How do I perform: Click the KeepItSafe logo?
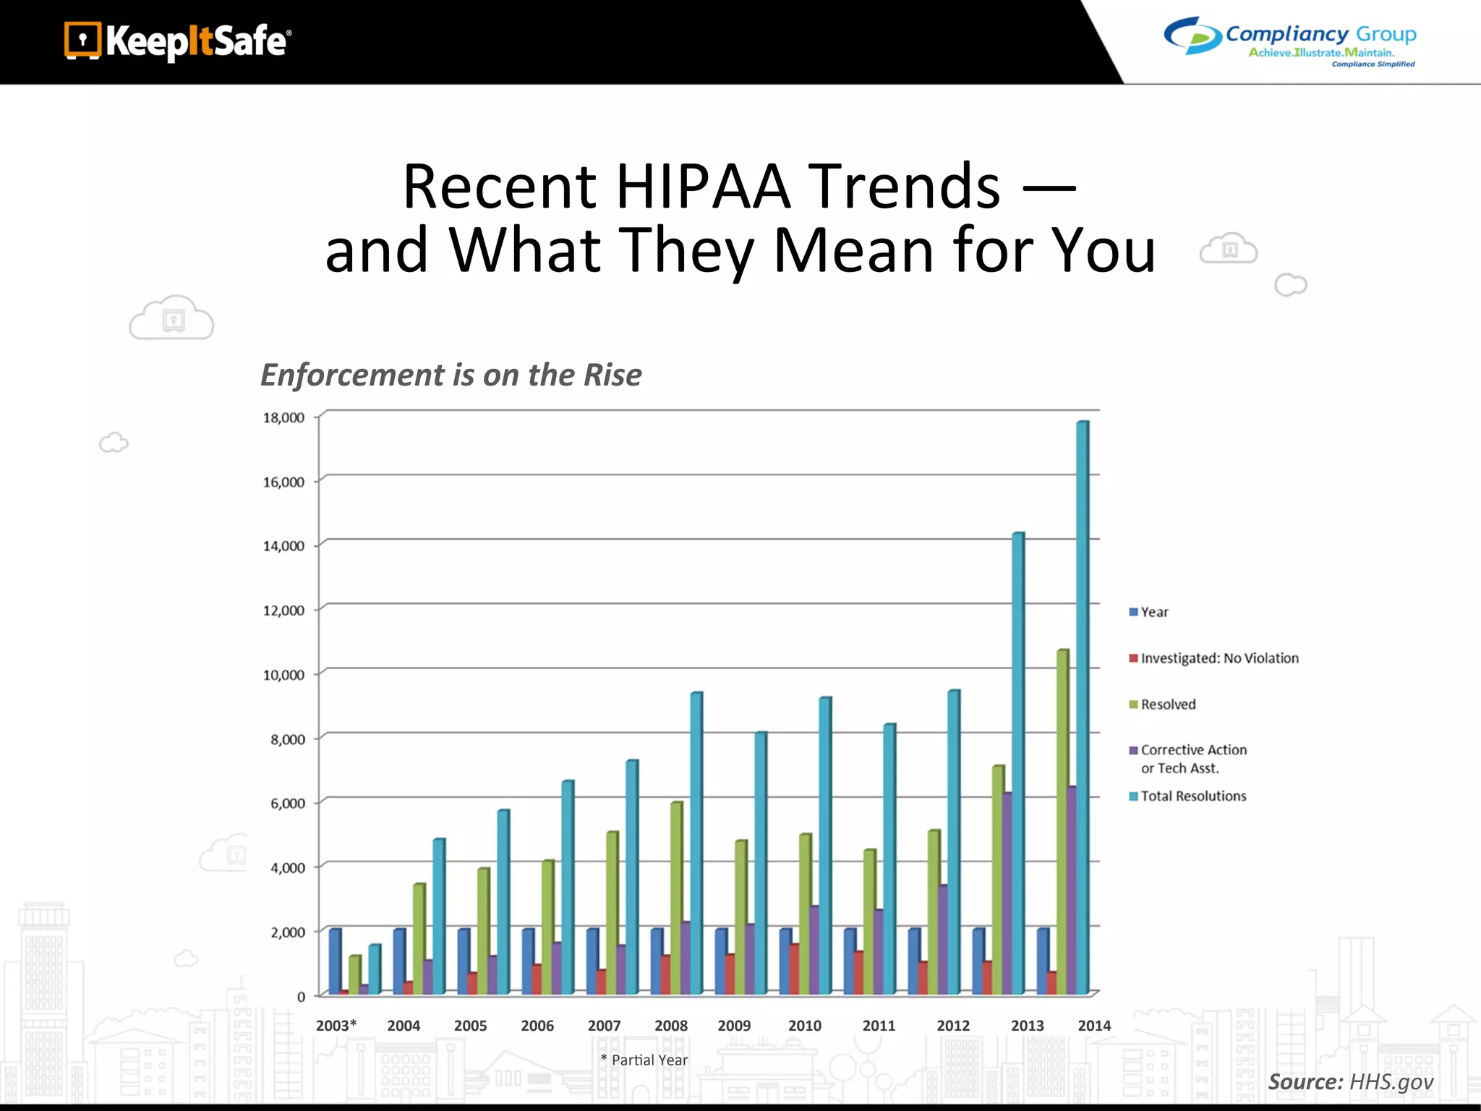tap(177, 41)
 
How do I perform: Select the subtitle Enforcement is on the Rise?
tap(451, 375)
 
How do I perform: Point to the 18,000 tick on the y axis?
tap(283, 417)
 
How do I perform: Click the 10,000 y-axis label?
tap(283, 675)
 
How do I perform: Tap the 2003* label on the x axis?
tap(336, 1025)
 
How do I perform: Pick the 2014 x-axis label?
tap(1094, 1025)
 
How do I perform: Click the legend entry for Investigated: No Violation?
tap(1219, 658)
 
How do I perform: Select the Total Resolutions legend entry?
tap(1193, 796)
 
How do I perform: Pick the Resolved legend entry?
tap(1168, 705)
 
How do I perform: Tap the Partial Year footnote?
tap(644, 1060)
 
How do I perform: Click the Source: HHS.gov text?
tap(1350, 1081)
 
